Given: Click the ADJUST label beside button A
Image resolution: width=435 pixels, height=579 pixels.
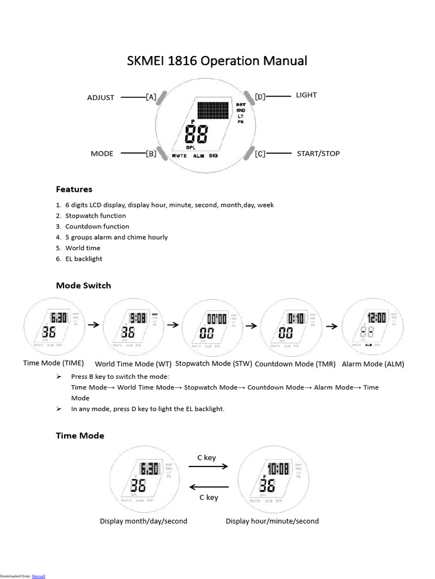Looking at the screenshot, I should (101, 97).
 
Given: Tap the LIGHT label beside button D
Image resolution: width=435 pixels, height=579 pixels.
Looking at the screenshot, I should (306, 95).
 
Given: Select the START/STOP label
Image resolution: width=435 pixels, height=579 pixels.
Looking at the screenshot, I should (318, 153).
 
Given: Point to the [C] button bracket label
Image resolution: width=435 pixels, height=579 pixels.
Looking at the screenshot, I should (260, 153).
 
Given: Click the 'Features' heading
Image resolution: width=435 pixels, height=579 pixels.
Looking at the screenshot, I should (74, 189).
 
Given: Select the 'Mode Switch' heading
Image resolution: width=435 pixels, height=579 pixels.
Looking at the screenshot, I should (83, 286).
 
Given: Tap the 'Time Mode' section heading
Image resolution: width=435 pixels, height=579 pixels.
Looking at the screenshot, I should (80, 435).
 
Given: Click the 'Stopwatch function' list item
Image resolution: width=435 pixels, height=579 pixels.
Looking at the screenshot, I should (95, 215).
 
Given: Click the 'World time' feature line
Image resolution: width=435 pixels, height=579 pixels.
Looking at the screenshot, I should (83, 248).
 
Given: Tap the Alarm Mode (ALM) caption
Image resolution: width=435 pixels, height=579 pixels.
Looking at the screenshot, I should (373, 364).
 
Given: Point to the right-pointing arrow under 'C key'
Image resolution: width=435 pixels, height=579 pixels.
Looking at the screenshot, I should (208, 466).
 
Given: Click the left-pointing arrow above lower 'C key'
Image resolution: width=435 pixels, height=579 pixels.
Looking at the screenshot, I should (208, 487).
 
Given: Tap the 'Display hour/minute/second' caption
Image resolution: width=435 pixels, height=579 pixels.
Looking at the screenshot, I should (272, 521).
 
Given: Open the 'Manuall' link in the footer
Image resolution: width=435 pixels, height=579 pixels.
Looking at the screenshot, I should (38, 576).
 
